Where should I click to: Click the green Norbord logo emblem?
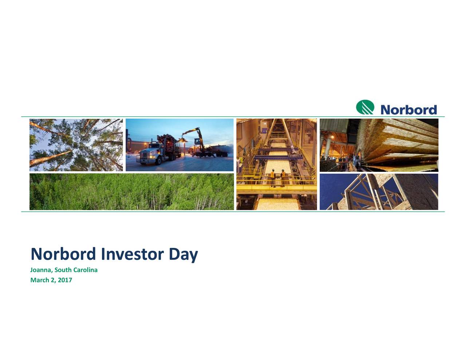point(365,107)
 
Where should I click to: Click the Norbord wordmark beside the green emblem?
point(408,110)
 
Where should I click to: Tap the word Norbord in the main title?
point(63,254)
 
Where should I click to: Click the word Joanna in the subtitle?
point(42,270)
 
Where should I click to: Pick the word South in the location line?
point(63,270)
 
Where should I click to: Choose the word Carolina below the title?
point(85,270)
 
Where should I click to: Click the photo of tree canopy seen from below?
point(76,145)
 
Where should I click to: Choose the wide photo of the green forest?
point(131,192)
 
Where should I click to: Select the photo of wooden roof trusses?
point(379,192)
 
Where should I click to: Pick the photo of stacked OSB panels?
point(379,145)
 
